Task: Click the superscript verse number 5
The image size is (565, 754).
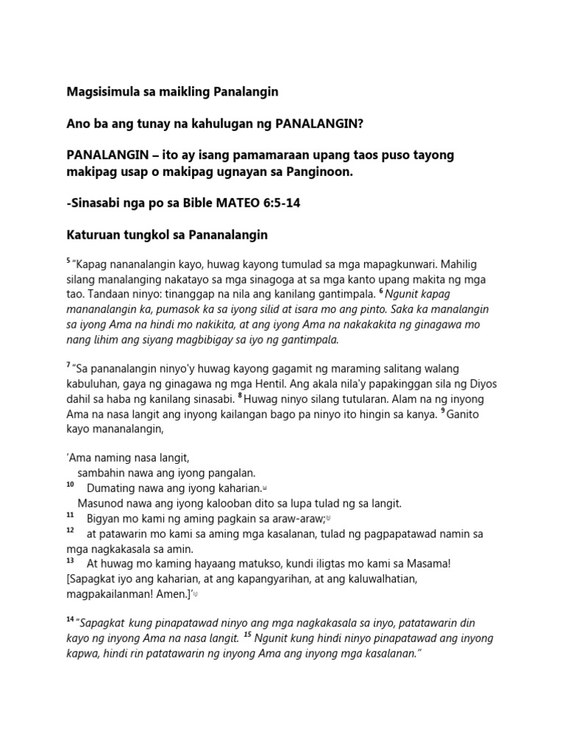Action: tap(68, 260)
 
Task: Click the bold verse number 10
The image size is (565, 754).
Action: tap(70, 485)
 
